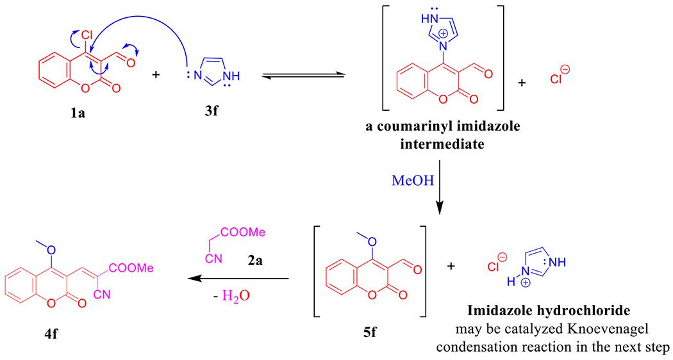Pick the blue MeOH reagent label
point(409,183)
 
